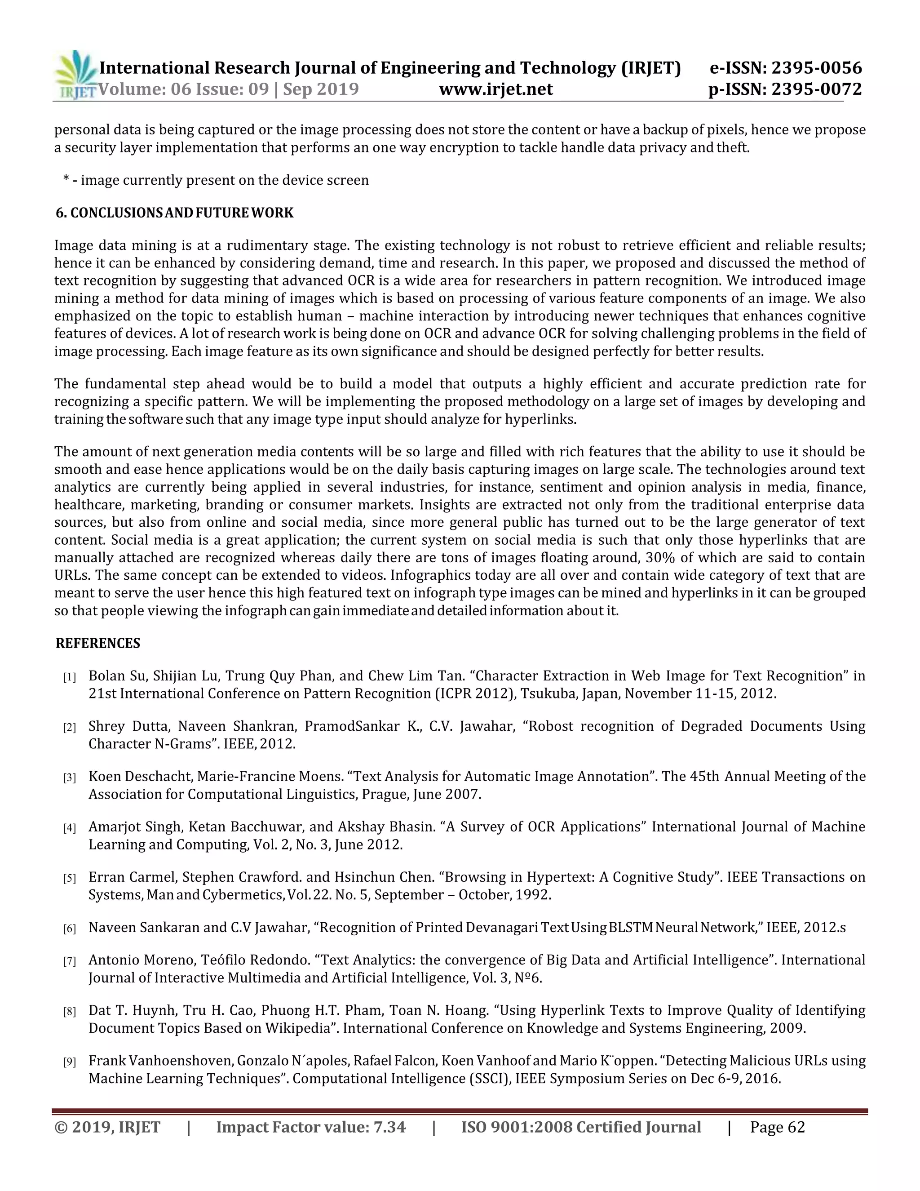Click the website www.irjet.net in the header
point(495,89)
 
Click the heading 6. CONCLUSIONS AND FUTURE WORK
point(174,213)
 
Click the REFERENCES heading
point(98,644)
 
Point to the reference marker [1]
point(69,678)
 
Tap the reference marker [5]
point(69,879)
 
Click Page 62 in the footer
point(777,1127)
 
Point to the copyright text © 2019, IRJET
point(107,1127)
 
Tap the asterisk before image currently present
point(66,179)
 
